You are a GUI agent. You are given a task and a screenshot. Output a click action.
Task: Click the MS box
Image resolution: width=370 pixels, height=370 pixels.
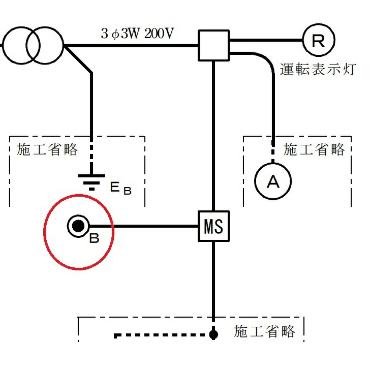213,226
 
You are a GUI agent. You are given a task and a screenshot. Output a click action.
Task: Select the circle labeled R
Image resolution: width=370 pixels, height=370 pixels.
318,40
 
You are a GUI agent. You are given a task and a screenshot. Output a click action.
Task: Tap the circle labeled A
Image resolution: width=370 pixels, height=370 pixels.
273,181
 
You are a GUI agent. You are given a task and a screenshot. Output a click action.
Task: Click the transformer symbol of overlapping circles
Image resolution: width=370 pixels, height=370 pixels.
34,46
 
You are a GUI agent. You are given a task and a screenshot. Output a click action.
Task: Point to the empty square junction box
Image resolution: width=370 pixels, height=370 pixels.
213,45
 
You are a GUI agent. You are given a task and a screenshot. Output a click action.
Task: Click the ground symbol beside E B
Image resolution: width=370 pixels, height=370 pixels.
91,180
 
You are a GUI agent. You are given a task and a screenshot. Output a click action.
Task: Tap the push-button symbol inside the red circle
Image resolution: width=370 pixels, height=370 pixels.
78,226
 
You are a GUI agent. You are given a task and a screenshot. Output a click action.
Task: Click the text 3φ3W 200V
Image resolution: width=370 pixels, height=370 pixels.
137,34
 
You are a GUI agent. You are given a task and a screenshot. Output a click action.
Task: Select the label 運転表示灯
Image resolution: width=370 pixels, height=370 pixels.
317,69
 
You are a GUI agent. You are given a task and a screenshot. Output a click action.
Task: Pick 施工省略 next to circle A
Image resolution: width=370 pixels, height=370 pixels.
314,149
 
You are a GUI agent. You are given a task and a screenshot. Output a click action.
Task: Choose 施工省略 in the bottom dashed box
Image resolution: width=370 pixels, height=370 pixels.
264,332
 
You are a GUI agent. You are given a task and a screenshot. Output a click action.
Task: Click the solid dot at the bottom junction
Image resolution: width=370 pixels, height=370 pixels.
213,334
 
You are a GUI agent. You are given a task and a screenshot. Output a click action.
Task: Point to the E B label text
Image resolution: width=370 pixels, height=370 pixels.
121,189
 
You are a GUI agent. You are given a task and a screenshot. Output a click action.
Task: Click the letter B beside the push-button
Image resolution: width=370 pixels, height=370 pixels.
94,238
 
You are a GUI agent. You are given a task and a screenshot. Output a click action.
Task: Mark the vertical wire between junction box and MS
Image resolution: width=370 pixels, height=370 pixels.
213,137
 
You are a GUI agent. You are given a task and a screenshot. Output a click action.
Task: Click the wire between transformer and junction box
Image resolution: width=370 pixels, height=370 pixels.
132,46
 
